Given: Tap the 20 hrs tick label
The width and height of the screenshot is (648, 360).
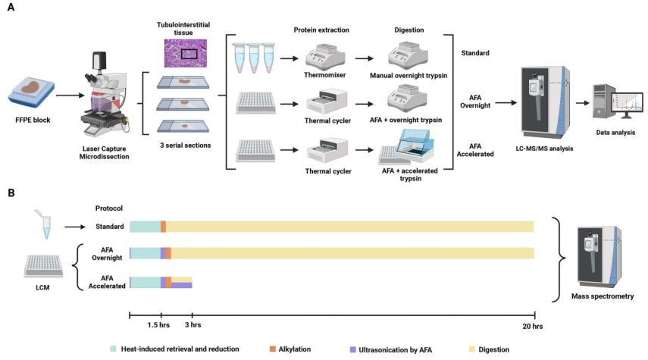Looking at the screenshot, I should (534, 325).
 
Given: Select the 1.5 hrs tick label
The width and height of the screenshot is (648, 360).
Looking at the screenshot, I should (161, 325).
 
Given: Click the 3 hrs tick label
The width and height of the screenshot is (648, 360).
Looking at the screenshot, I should (193, 325).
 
